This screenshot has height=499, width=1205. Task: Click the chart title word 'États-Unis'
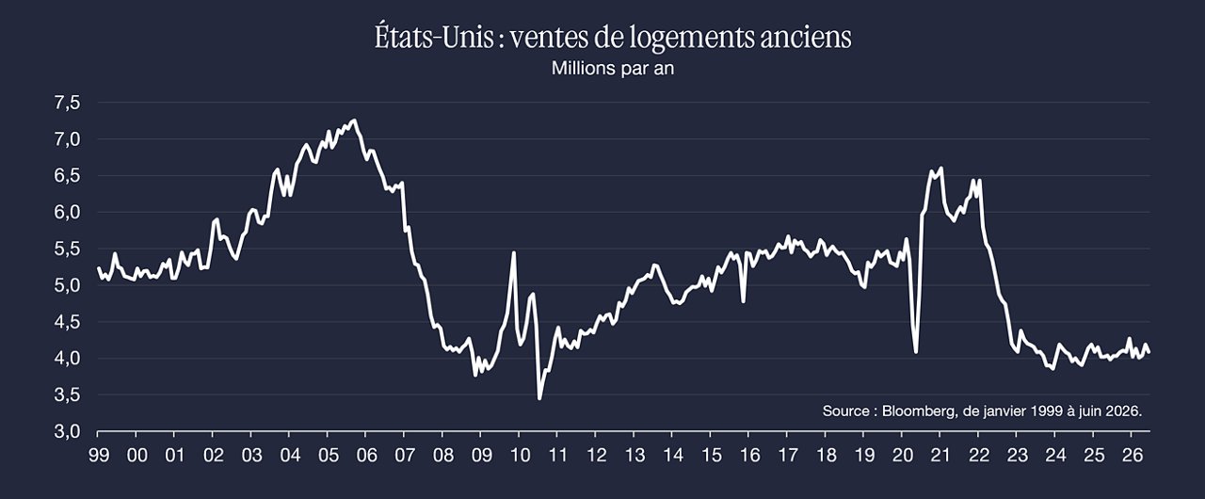tap(434, 37)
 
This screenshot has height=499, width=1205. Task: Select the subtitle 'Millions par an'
tap(613, 69)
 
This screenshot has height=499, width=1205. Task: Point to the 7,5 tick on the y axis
tap(67, 103)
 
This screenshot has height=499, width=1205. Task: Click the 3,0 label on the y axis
tap(67, 431)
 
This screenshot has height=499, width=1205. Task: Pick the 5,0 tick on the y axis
tap(67, 285)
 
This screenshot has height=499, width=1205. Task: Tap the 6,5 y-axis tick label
tap(67, 175)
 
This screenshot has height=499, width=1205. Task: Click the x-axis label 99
tap(99, 456)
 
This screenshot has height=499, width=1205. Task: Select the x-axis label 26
tap(1132, 456)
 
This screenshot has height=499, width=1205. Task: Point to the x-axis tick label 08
tap(443, 456)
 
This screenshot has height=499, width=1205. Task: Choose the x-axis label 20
tap(903, 456)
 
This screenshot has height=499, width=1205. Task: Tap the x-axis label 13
tap(635, 456)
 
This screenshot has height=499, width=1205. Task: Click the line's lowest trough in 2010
tap(539, 398)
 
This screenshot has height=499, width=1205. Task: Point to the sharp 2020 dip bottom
tap(916, 353)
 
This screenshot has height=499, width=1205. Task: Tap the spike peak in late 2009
tap(514, 252)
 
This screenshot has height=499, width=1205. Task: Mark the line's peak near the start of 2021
tap(941, 168)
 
